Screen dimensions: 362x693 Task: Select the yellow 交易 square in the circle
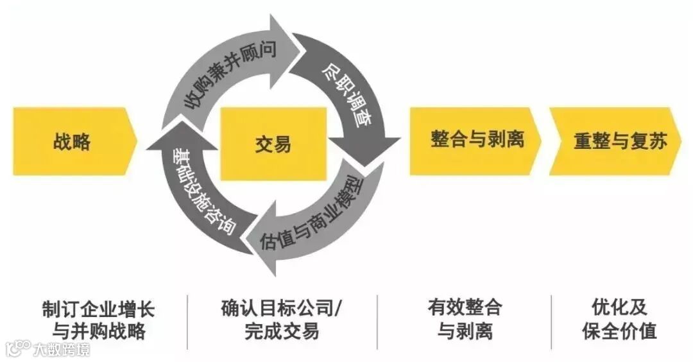click(273, 143)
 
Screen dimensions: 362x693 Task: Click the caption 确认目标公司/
click(282, 308)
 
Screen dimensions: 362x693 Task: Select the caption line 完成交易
click(282, 332)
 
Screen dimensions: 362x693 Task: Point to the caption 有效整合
click(465, 308)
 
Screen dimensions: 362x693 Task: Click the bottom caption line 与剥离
click(465, 332)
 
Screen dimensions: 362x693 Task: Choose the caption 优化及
click(619, 308)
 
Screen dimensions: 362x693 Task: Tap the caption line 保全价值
click(619, 332)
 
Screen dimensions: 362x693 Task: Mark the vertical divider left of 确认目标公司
click(188, 321)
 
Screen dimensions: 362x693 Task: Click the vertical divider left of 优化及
click(551, 321)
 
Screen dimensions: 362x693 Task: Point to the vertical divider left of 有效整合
click(377, 321)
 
